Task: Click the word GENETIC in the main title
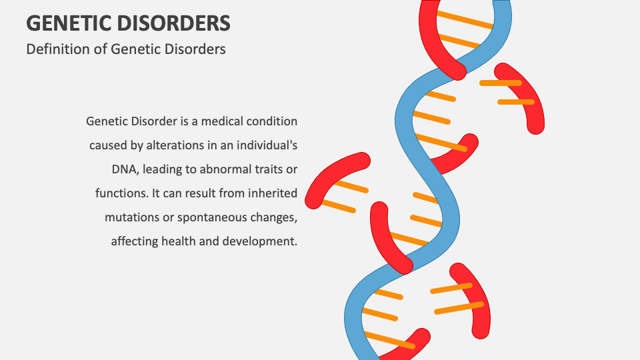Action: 69,23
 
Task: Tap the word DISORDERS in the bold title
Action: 174,23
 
